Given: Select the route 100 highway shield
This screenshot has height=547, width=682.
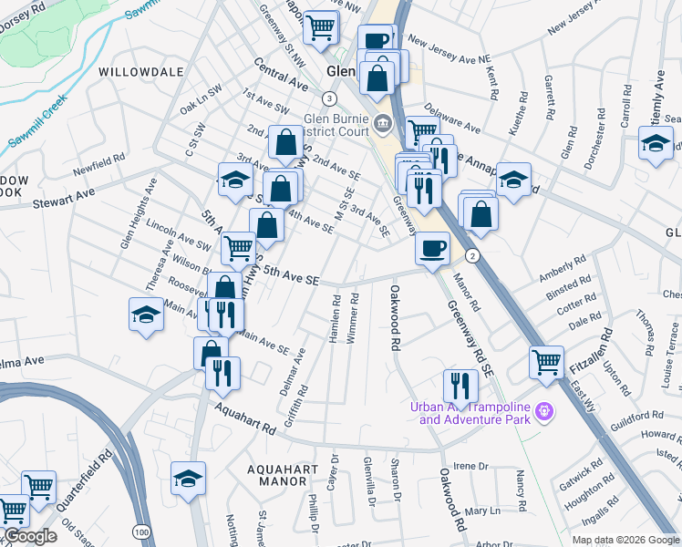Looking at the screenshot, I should click(140, 531).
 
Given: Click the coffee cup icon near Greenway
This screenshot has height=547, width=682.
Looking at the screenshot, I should click(431, 246).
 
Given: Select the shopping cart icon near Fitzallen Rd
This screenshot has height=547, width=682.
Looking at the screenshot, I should click(546, 361).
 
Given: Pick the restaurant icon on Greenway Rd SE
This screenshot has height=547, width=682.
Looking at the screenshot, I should click(460, 386).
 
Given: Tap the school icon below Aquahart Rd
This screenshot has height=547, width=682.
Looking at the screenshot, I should click(188, 478).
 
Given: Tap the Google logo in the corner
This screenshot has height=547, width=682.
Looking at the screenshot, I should click(30, 536).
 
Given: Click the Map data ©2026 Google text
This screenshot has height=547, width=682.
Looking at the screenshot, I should click(625, 540).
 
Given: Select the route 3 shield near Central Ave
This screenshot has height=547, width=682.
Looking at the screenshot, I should click(329, 98).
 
